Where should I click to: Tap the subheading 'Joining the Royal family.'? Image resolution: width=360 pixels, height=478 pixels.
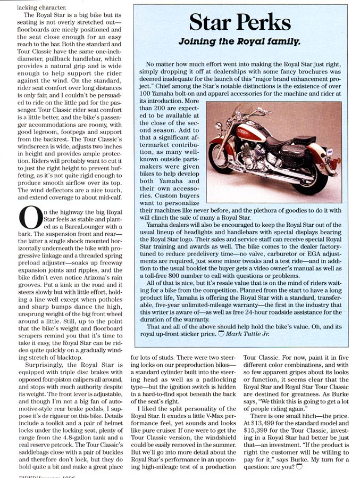(x=239, y=40)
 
